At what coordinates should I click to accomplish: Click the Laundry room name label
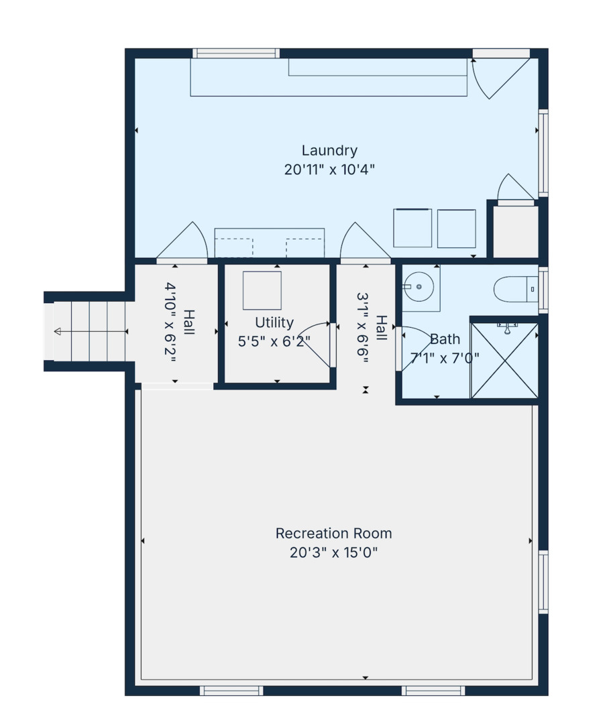pos(329,151)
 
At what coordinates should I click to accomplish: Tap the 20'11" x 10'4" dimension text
pos(329,170)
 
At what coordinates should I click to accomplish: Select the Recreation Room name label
pos(333,534)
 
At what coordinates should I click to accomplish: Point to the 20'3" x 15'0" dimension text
pos(333,553)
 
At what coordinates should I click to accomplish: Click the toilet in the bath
pos(514,290)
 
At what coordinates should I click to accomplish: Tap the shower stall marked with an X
pos(504,361)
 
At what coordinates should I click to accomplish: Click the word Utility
pos(274,322)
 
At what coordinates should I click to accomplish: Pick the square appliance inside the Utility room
pos(262,290)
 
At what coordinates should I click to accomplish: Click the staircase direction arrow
pos(58,331)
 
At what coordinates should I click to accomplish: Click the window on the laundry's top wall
pos(236,54)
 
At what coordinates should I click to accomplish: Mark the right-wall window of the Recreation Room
pos(543,582)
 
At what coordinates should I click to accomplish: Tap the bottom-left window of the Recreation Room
pos(231,690)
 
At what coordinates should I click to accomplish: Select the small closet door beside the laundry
pos(515,189)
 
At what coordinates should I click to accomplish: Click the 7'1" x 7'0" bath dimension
pos(445,357)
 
